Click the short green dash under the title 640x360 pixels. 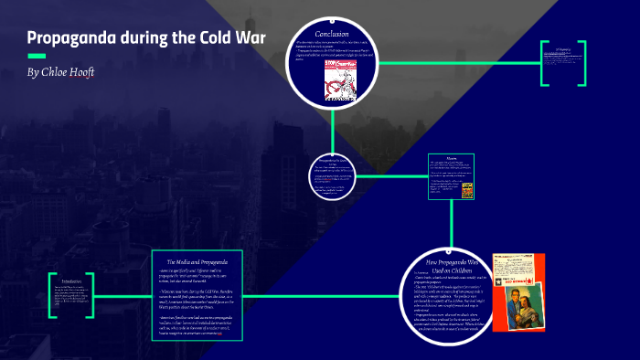point(37,57)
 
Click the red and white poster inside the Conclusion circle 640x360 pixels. point(336,79)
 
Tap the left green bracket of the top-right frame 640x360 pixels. point(543,63)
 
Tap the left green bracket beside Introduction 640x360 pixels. point(51,295)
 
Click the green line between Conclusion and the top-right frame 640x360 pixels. point(457,63)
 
